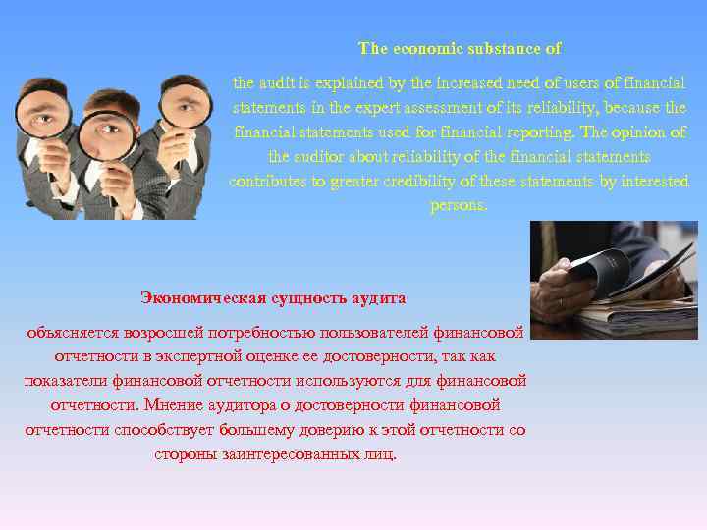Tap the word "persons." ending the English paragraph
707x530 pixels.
(x=459, y=206)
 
